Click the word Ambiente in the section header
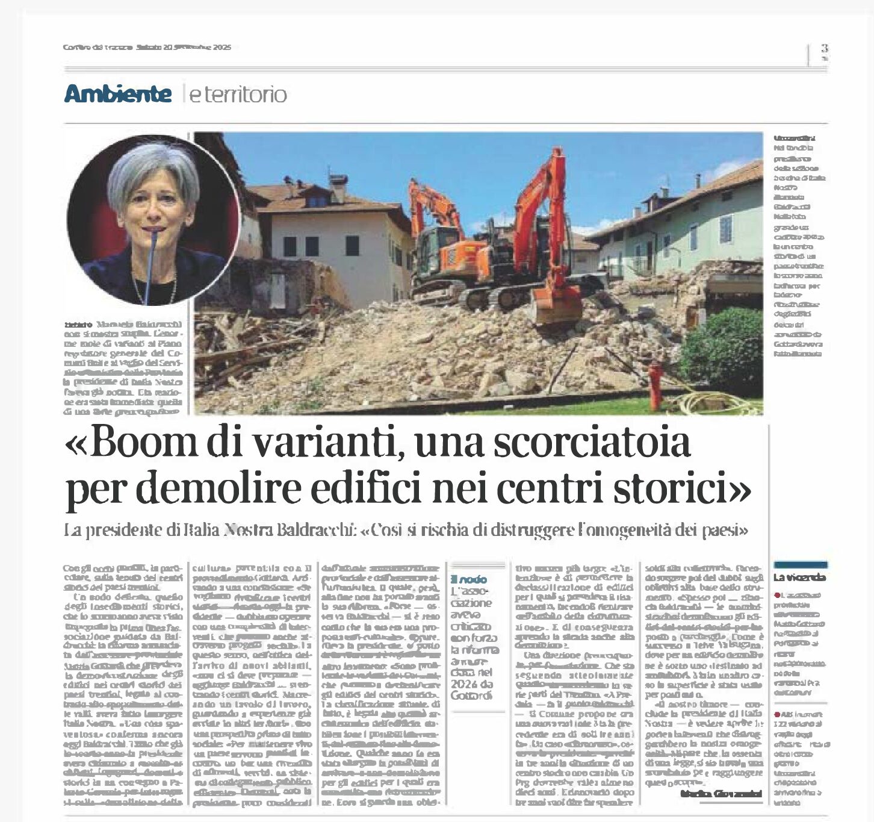click(118, 94)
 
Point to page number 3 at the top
click(824, 48)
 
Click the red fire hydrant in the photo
click(655, 384)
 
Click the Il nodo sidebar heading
click(469, 579)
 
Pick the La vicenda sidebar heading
click(799, 578)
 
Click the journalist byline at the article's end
click(721, 794)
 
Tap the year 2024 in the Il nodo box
click(462, 684)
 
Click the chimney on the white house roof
click(338, 188)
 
